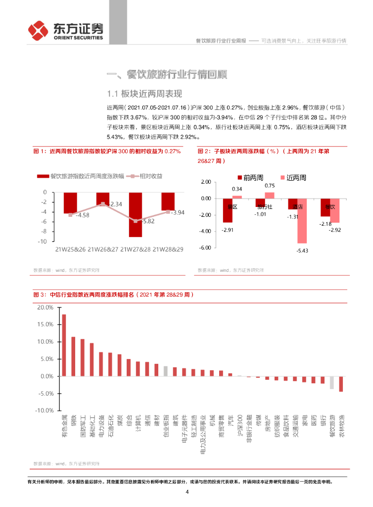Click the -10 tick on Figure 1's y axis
click(x=44, y=241)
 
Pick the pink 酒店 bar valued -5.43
click(x=301, y=220)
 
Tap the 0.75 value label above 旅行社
click(x=269, y=185)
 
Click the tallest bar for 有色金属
click(x=64, y=345)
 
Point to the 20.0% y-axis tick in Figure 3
click(x=46, y=307)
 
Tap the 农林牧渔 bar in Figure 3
click(x=341, y=384)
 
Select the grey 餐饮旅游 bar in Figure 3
click(x=332, y=382)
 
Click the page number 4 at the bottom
click(x=187, y=492)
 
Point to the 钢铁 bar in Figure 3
click(x=73, y=356)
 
